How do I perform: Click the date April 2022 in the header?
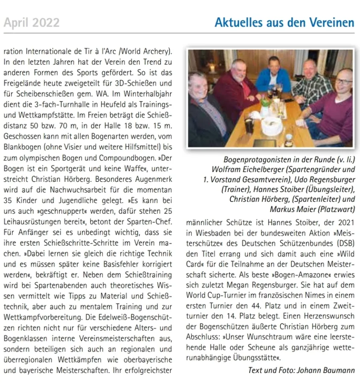click(32, 22)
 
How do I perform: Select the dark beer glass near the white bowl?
click(249, 123)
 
